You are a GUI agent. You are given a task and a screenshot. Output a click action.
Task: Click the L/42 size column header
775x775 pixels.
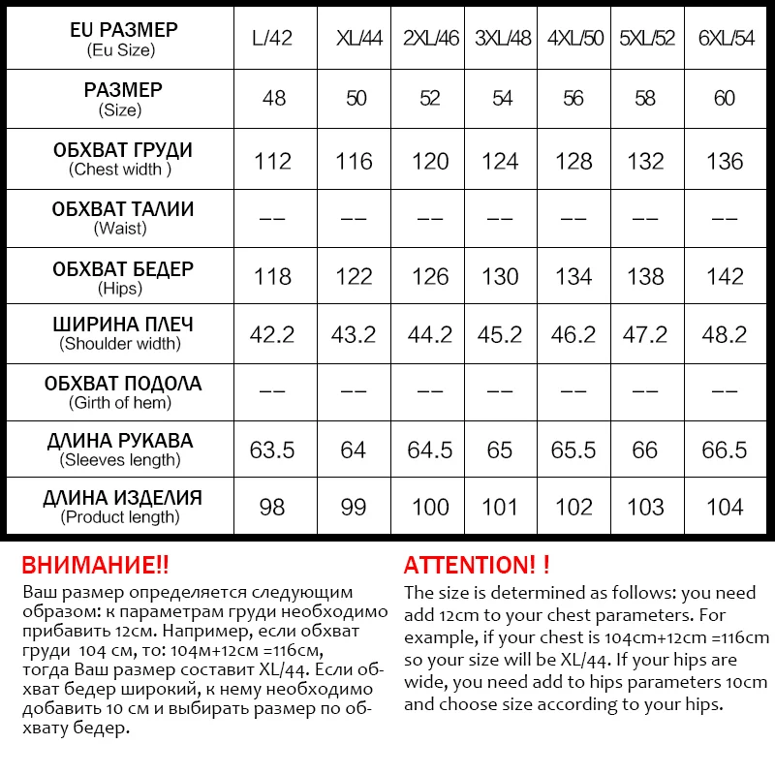272,40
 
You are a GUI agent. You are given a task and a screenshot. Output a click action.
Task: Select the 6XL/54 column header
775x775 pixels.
725,40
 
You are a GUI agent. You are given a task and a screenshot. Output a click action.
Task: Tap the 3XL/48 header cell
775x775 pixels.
500,40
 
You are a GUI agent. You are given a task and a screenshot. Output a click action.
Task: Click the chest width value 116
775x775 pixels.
354,161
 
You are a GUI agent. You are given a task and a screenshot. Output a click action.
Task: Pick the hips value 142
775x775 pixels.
725,277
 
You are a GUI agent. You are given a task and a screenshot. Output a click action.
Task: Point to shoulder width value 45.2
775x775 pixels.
500,335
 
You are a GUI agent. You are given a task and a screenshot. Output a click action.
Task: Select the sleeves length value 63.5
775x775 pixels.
272,449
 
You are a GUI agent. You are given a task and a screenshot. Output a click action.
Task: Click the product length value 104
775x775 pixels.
725,508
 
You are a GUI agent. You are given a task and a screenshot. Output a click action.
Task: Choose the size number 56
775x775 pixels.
573,99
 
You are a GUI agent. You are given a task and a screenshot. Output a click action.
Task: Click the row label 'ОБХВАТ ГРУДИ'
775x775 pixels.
122,150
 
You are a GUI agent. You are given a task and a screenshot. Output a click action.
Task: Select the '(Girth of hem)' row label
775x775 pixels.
120,403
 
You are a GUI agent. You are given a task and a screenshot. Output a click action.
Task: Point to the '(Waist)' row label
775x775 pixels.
120,229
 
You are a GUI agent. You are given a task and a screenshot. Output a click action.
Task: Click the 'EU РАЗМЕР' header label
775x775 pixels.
124,30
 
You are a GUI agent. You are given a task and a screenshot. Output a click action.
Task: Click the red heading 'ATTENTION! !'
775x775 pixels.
477,566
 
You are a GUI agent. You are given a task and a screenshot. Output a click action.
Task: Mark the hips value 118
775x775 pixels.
272,277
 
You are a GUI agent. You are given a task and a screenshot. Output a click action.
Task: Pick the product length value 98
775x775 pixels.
272,508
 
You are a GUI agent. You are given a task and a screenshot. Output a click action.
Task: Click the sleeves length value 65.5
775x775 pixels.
573,449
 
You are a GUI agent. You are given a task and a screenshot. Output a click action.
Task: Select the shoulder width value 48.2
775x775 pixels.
725,335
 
